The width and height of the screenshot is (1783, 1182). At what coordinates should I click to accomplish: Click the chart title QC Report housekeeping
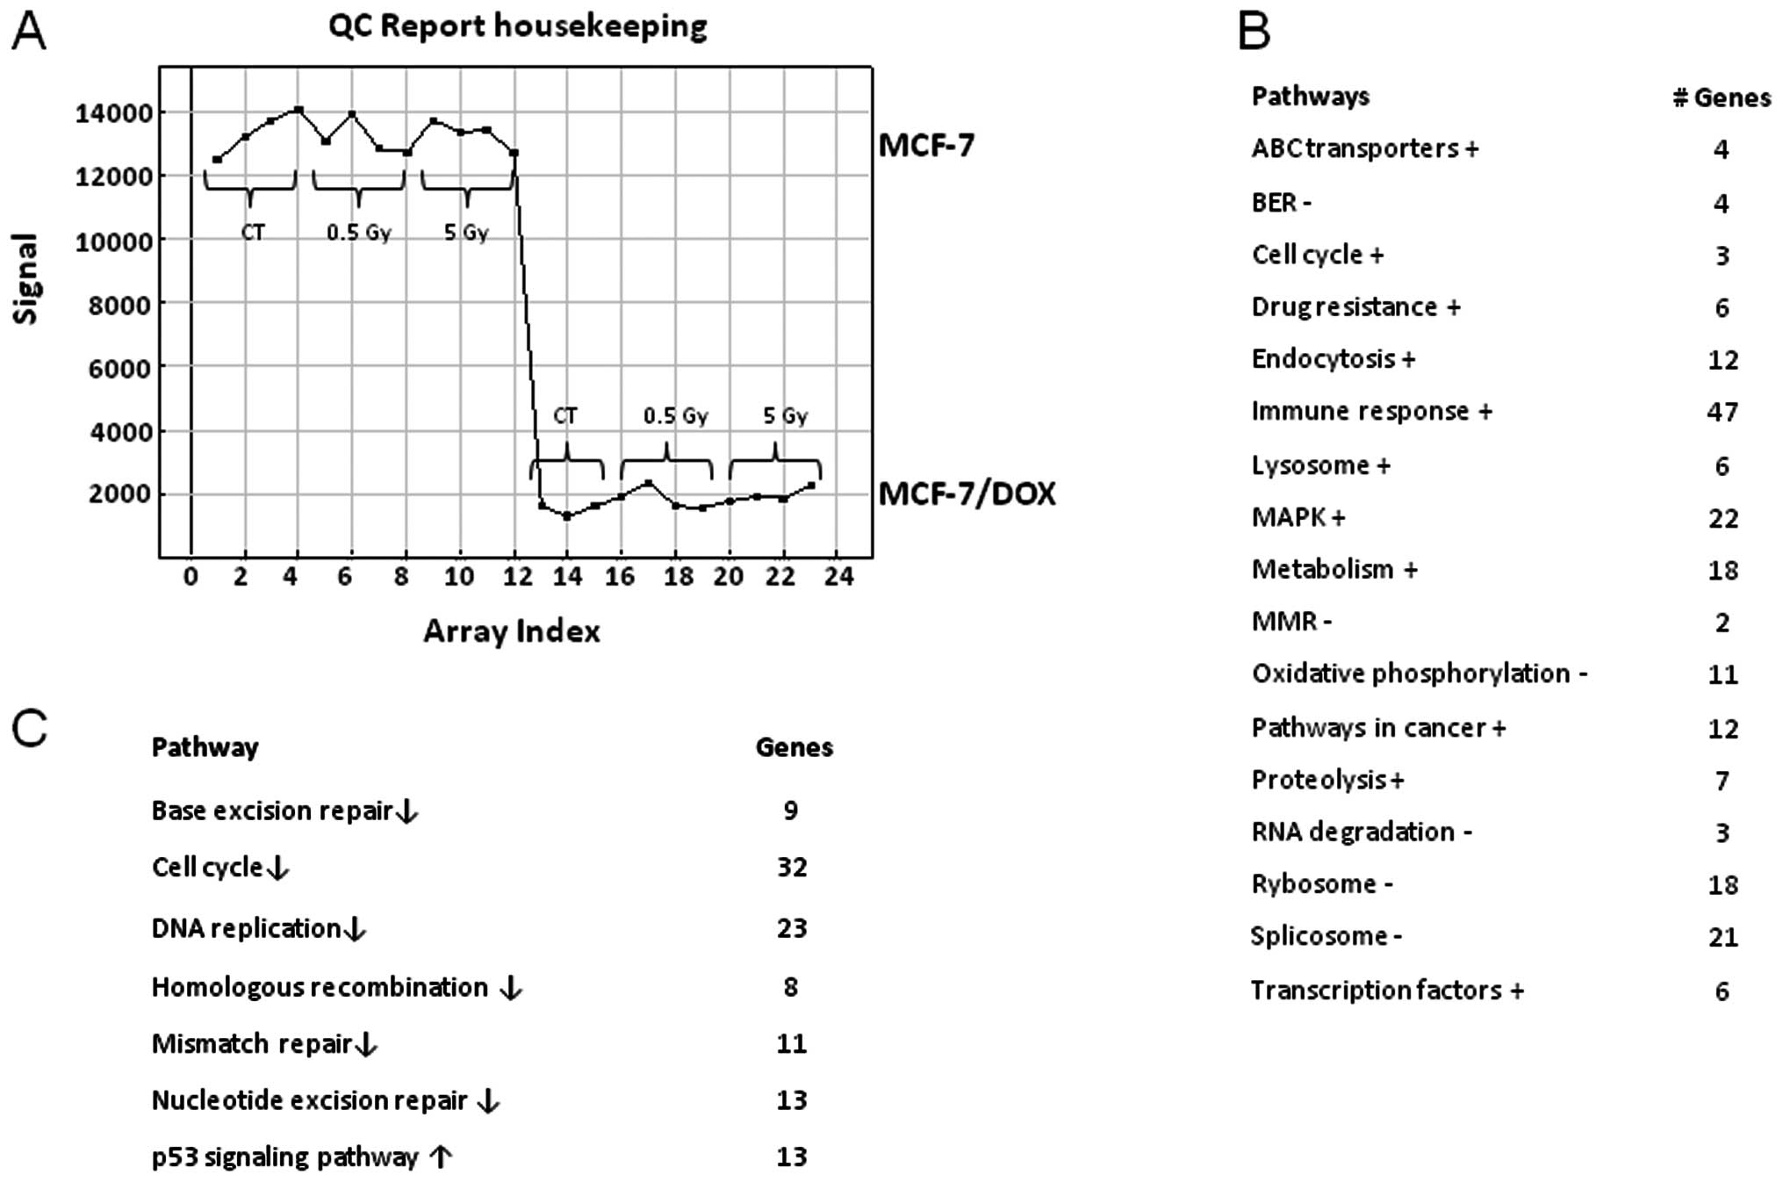click(x=518, y=26)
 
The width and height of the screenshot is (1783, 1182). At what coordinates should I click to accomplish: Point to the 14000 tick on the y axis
click(x=113, y=113)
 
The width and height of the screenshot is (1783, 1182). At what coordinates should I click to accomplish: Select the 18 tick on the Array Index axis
click(x=678, y=577)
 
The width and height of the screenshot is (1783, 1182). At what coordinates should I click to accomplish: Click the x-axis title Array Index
click(x=512, y=631)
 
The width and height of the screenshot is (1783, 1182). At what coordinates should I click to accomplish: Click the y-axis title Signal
click(x=26, y=278)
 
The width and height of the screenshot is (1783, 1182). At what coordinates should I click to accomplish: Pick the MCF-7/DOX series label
click(x=967, y=494)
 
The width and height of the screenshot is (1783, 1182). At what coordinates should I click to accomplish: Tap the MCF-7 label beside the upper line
click(x=926, y=146)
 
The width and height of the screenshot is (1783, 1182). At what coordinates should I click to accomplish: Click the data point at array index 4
click(x=298, y=110)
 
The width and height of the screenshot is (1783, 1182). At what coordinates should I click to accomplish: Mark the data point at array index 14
click(x=567, y=516)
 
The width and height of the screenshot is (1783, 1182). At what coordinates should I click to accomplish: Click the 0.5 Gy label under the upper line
click(x=358, y=234)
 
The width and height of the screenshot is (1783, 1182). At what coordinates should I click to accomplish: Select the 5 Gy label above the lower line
click(x=785, y=416)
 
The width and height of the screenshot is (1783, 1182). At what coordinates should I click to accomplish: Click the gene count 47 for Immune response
click(x=1722, y=412)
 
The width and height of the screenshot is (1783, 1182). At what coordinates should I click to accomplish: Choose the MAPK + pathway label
click(x=1298, y=517)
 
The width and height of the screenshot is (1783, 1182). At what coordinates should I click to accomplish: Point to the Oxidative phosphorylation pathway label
click(x=1419, y=674)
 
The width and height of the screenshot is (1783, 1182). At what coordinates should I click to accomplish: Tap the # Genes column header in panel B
click(x=1721, y=97)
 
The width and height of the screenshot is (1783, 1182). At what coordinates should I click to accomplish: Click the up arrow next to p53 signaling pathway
click(x=441, y=1157)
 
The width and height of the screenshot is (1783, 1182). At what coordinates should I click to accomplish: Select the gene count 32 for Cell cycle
click(x=791, y=868)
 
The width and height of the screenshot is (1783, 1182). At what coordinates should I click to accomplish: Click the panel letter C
click(x=29, y=729)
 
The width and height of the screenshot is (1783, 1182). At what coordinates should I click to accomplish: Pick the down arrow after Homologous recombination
click(x=510, y=989)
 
